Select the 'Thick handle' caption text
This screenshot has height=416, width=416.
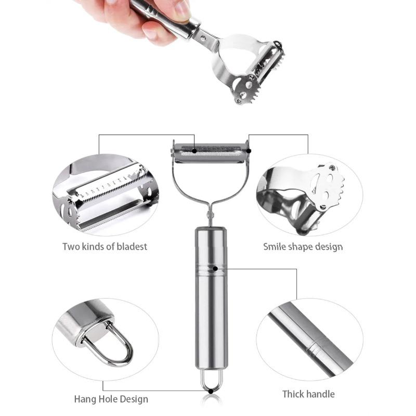pos(308,394)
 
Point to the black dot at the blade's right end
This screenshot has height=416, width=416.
pos(249,151)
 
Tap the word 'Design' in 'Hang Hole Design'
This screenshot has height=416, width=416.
pos(132,399)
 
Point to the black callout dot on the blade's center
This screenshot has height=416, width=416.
pos(194,151)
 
